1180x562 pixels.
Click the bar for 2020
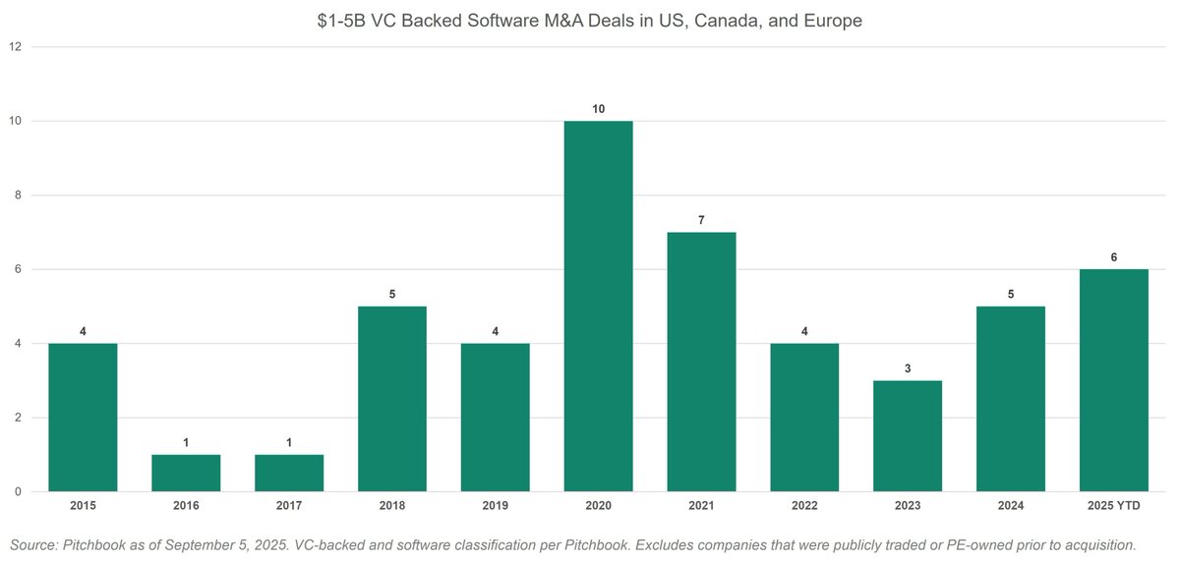pos(598,306)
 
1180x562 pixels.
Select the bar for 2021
pos(701,362)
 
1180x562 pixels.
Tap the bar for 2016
pos(186,473)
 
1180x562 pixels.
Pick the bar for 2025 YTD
pos(1113,380)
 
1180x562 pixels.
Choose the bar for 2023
pos(908,436)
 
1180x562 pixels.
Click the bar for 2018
pos(392,399)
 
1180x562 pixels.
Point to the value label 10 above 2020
pos(598,108)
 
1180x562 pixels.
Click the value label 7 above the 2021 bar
pos(701,220)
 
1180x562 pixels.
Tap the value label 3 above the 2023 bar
pos(908,368)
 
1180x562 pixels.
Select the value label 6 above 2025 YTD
pos(1113,257)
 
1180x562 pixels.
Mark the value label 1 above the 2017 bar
pos(289,443)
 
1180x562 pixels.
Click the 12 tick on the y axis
pos(14,46)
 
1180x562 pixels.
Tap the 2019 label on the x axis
pos(495,506)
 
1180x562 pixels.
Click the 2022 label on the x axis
pos(804,506)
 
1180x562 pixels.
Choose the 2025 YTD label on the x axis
pos(1113,506)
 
